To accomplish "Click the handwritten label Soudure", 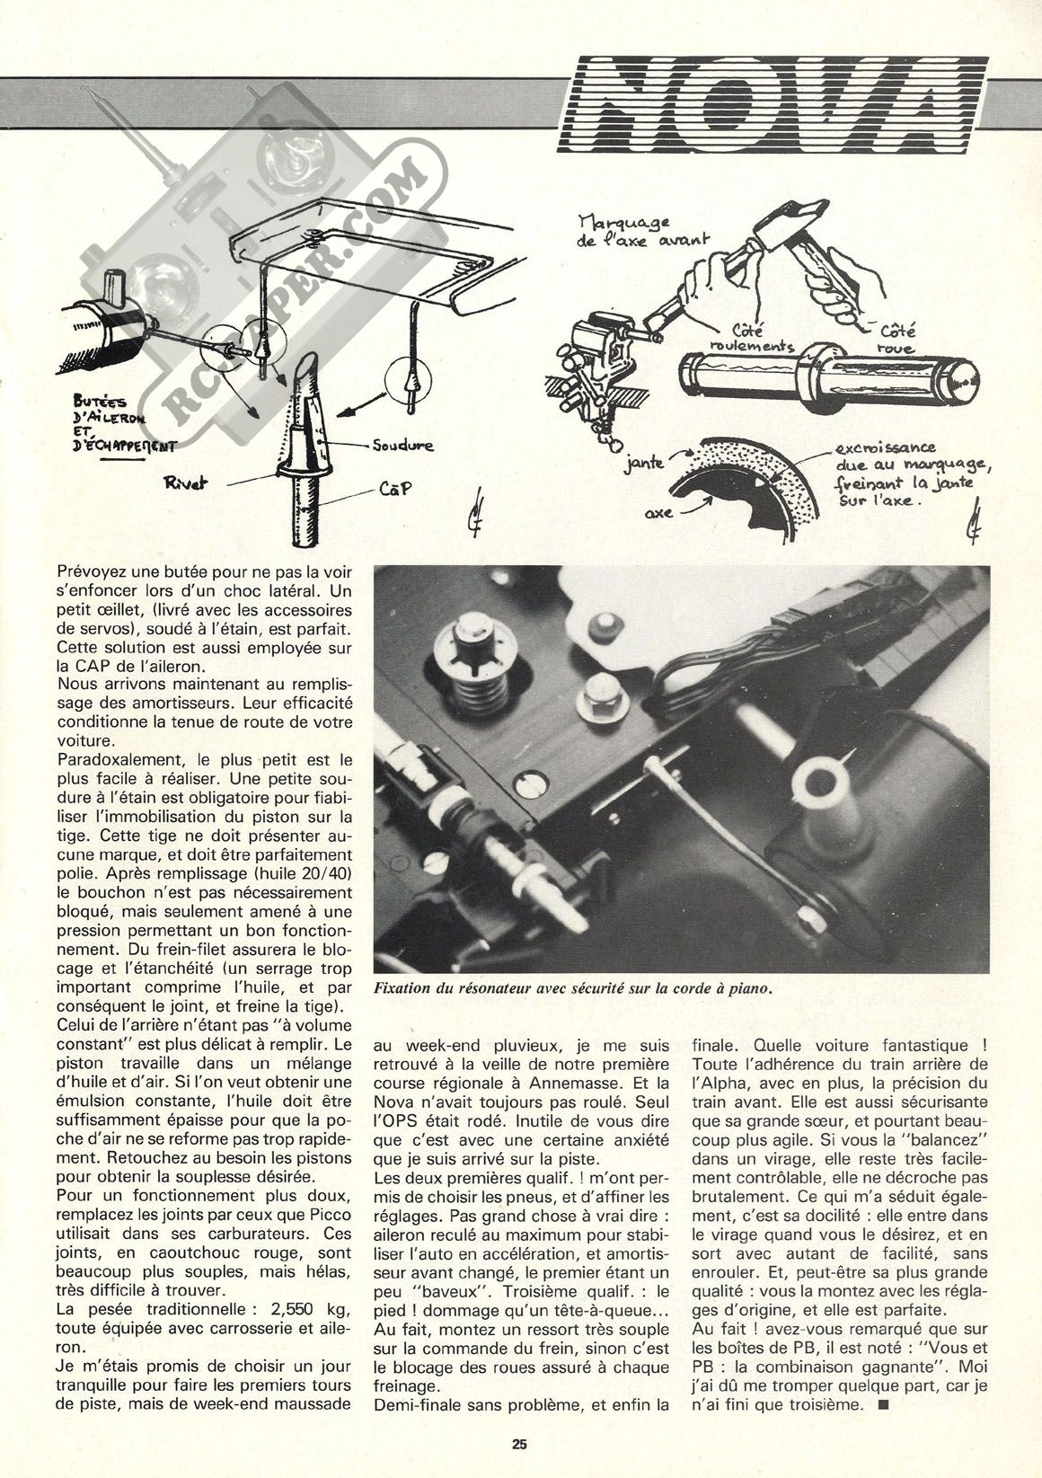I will (398, 444).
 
